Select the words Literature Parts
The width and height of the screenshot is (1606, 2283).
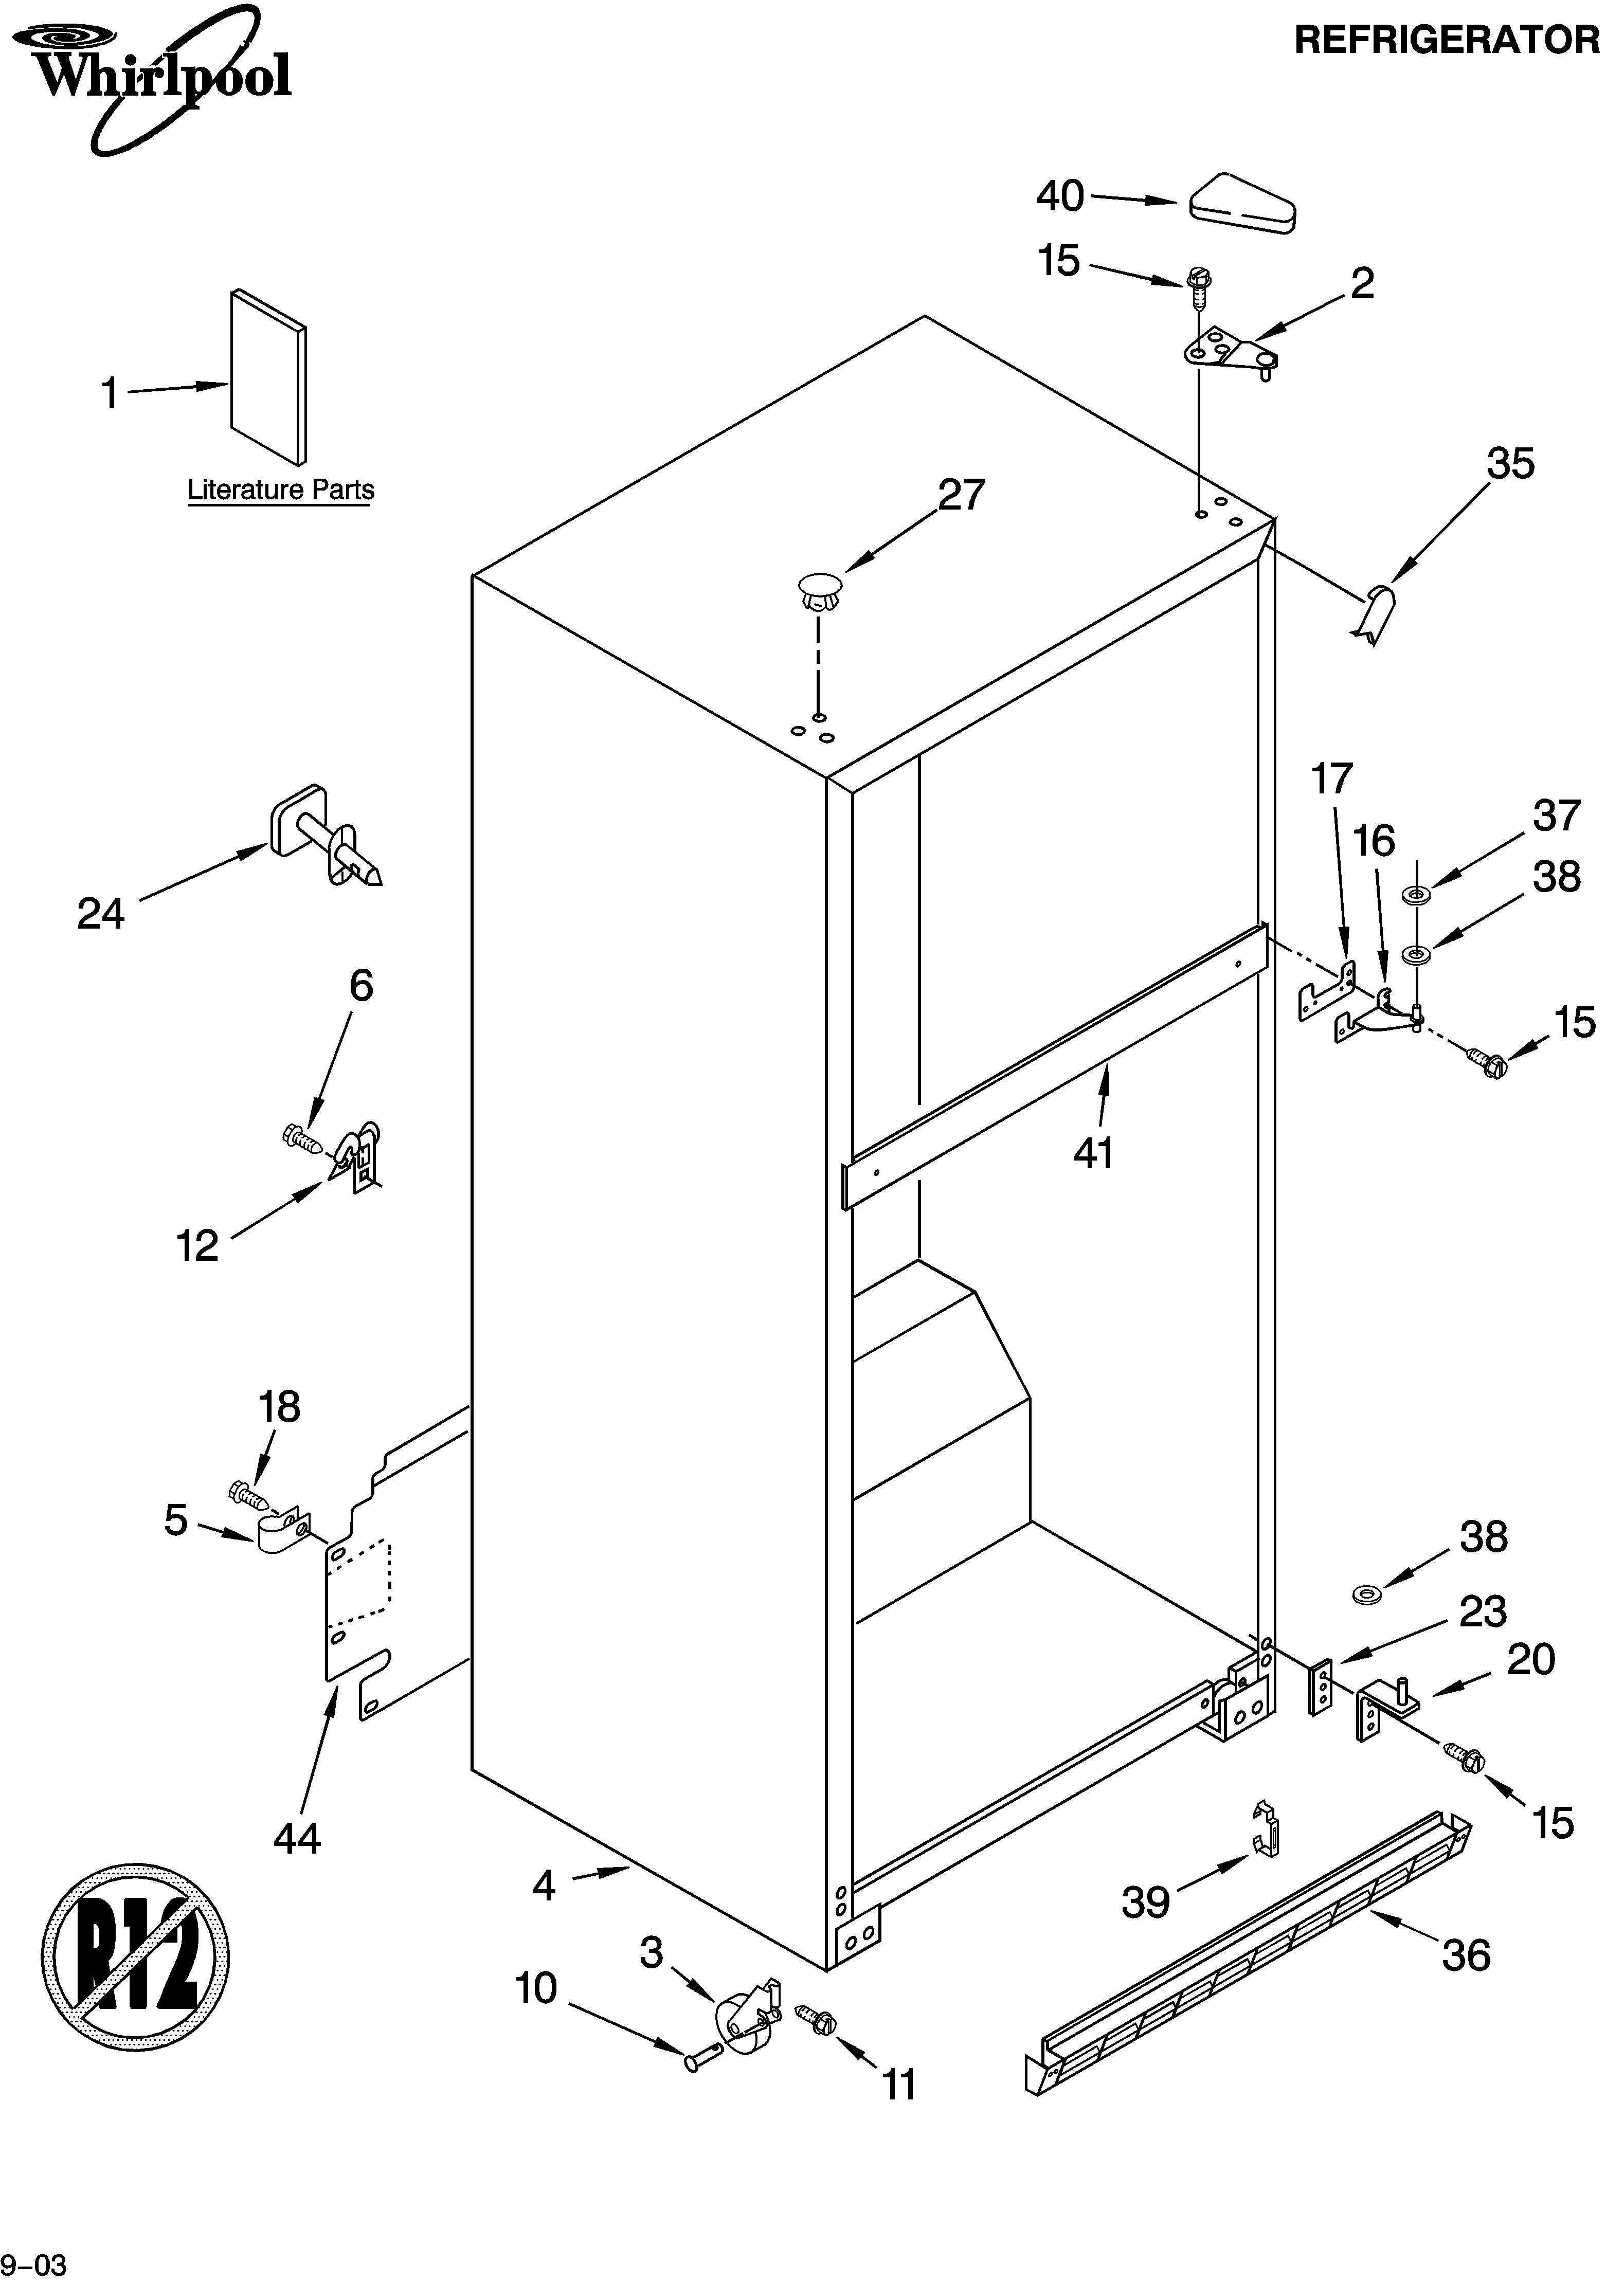[x=280, y=490]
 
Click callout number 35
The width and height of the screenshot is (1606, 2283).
[x=1509, y=464]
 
